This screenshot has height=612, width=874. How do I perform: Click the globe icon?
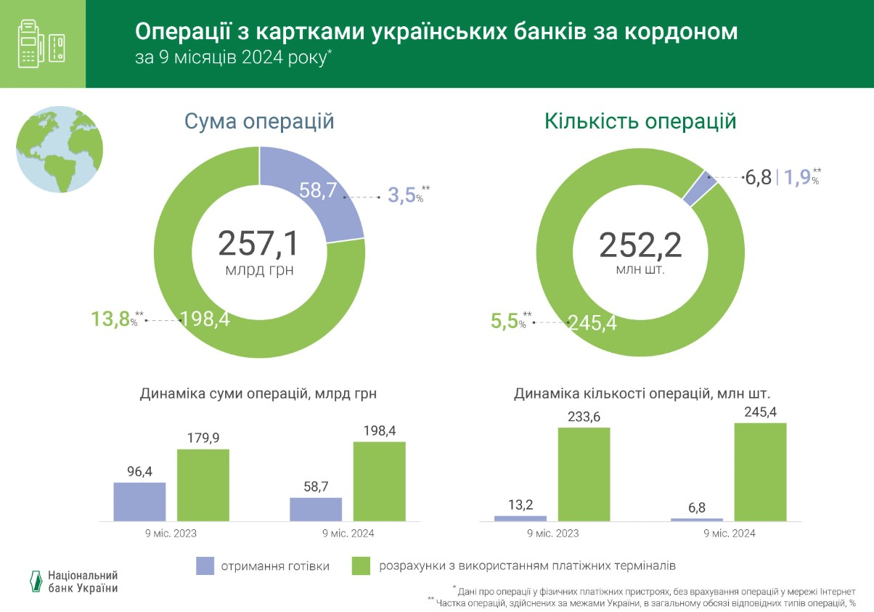pos(60,149)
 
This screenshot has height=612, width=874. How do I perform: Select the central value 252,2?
pos(640,245)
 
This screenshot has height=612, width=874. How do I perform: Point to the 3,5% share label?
pos(404,196)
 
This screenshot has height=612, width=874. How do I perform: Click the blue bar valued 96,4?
pos(139,502)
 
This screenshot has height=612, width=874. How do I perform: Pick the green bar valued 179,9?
pos(203,485)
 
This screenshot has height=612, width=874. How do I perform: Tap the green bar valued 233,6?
pos(584,474)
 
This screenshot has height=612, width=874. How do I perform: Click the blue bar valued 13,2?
pos(520,518)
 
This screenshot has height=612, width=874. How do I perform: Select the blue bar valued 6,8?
pos(697,520)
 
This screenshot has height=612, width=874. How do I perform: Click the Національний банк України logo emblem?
pos(34,582)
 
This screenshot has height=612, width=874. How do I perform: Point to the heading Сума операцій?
pos(259,121)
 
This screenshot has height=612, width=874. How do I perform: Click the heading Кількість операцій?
pos(640,121)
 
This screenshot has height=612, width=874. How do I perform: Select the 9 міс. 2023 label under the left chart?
pos(171,533)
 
